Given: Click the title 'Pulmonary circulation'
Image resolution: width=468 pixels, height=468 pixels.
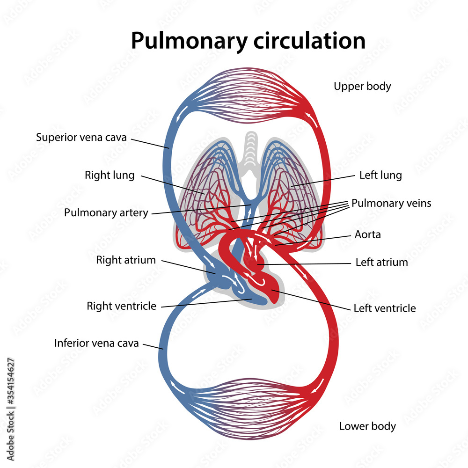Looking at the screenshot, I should pos(248,41).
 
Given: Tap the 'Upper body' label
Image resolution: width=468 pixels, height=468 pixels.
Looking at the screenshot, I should pos(362,86).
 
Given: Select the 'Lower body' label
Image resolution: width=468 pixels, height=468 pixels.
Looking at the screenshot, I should pos(367,426).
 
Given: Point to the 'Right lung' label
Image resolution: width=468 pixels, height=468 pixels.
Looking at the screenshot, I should pos(110,175).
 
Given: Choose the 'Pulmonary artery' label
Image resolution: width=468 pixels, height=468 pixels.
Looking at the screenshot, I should pos(106,212).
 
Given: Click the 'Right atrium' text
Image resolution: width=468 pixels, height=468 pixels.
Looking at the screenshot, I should pos(126,260).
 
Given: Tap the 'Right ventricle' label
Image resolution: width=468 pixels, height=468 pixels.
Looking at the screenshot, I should pos(121,306).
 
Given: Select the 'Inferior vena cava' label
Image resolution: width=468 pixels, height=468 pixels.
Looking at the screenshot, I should pos(96,343).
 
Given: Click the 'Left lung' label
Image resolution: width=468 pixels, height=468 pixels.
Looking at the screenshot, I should pos(380,175).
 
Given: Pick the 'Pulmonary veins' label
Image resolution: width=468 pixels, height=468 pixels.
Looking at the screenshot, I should pos(391,203).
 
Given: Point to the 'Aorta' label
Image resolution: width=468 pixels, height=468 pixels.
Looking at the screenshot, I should pos(368,234).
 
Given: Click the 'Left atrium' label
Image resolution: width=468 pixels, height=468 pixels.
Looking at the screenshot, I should pos(381,262).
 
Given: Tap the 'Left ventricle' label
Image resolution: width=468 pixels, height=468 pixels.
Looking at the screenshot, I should pos(385,308).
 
